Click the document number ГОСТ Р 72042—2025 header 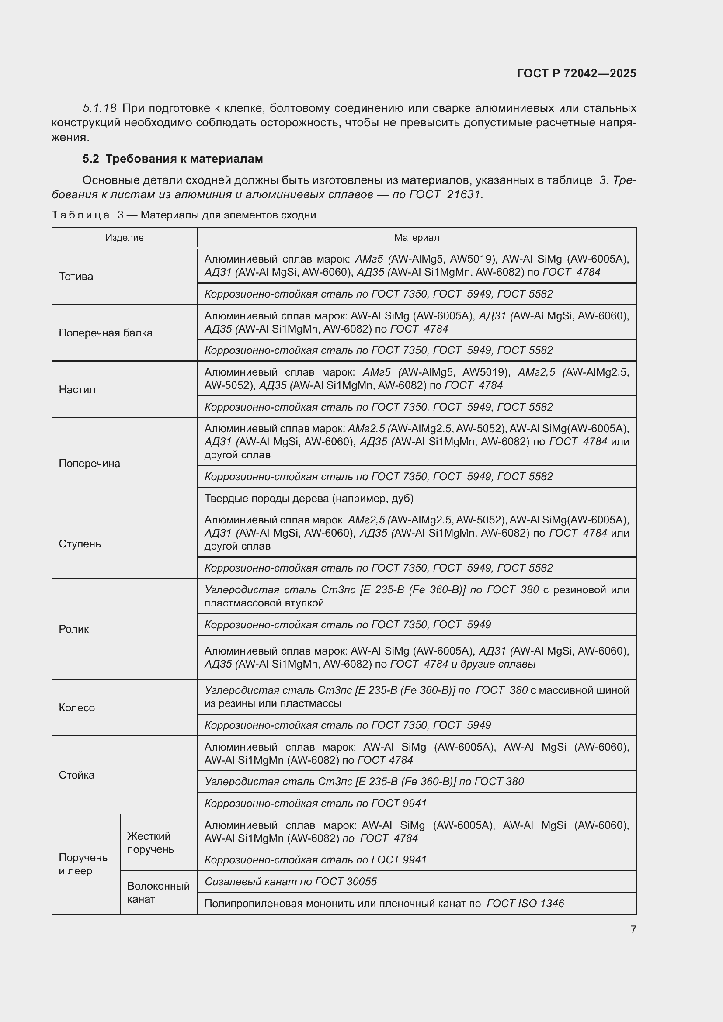pyautogui.click(x=577, y=73)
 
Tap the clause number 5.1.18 pyautogui.click(x=100, y=108)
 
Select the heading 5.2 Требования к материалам pyautogui.click(x=173, y=159)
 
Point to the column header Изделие pyautogui.click(x=125, y=238)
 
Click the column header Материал pyautogui.click(x=417, y=238)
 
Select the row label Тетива pyautogui.click(x=76, y=277)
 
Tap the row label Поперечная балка pyautogui.click(x=105, y=333)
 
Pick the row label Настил pyautogui.click(x=77, y=389)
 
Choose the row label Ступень pyautogui.click(x=80, y=544)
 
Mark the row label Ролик pyautogui.click(x=74, y=629)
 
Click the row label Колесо pyautogui.click(x=76, y=708)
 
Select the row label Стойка pyautogui.click(x=76, y=775)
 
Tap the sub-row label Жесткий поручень pyautogui.click(x=150, y=842)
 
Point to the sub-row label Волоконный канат pyautogui.click(x=159, y=893)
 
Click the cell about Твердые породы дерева pyautogui.click(x=309, y=499)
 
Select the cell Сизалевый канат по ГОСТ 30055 pyautogui.click(x=291, y=882)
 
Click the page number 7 pyautogui.click(x=633, y=929)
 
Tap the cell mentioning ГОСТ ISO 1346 pyautogui.click(x=384, y=904)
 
